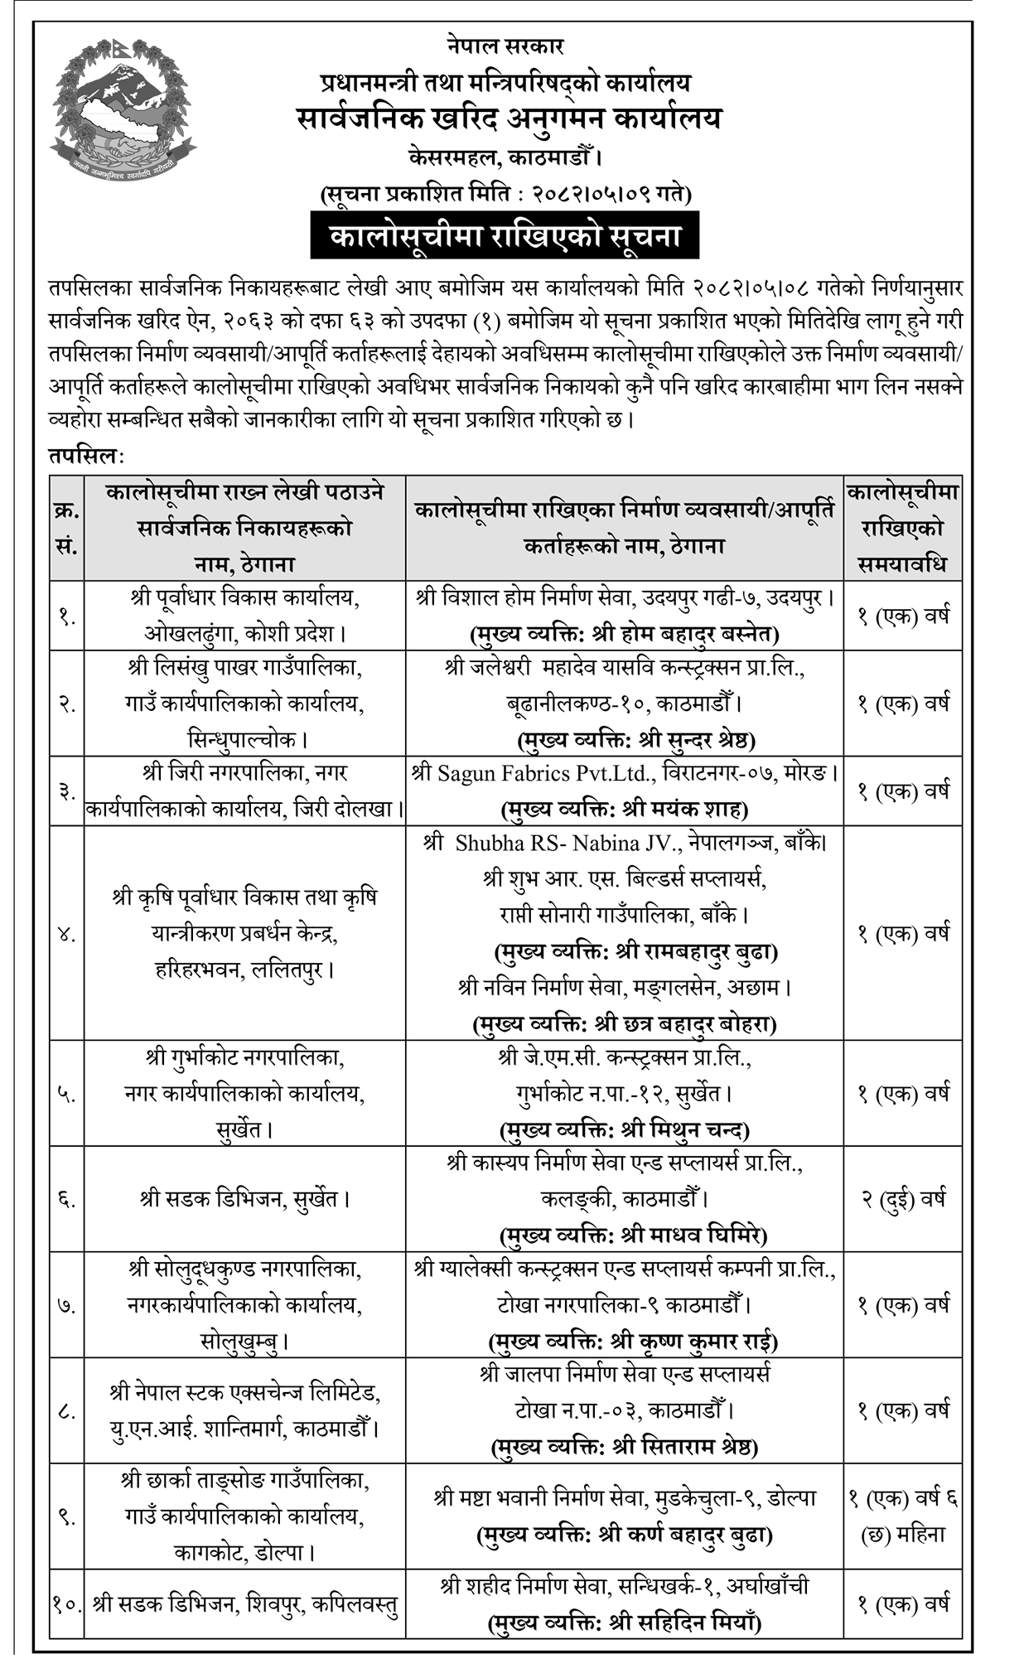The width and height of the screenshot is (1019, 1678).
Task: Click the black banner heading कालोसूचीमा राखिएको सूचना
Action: [505, 236]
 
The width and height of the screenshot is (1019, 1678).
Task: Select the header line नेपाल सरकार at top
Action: [505, 46]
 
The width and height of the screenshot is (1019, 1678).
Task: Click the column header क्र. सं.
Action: [66, 528]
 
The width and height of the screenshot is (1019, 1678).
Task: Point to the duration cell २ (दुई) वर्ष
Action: [902, 1199]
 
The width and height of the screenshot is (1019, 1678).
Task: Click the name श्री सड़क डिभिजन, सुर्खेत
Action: [244, 1199]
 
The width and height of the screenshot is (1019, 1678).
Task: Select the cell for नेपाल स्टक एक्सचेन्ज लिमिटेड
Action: [244, 1410]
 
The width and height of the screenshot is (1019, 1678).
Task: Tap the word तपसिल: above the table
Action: [85, 456]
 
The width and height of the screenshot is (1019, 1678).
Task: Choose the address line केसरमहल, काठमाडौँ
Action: [505, 156]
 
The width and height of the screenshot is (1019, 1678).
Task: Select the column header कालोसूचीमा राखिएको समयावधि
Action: [902, 528]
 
